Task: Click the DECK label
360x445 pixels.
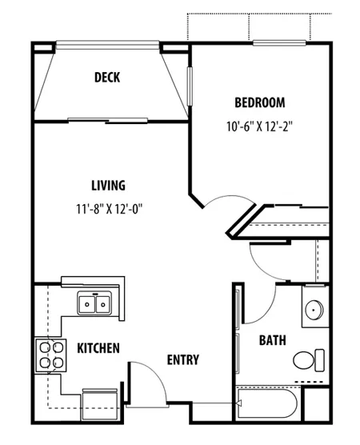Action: click(108, 78)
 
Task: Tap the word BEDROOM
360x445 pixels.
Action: click(260, 102)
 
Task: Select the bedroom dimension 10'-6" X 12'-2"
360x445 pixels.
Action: click(260, 126)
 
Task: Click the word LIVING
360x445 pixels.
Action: click(108, 186)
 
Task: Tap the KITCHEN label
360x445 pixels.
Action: click(98, 348)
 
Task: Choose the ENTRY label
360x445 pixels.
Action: click(182, 360)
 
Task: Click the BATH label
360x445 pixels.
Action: click(272, 340)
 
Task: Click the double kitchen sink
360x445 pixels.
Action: click(94, 303)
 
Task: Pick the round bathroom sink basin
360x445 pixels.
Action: click(314, 310)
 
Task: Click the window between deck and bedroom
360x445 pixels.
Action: click(190, 85)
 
